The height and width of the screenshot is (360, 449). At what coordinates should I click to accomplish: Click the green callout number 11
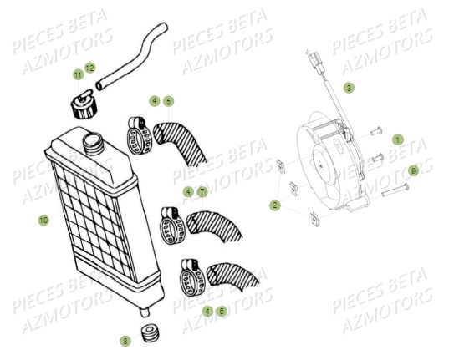pyautogui.click(x=78, y=75)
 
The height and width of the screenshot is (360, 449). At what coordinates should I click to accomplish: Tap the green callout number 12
pyautogui.click(x=89, y=67)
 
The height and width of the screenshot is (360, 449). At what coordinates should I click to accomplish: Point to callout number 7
pyautogui.click(x=202, y=191)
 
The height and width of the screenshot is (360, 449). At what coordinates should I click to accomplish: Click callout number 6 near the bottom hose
pyautogui.click(x=222, y=310)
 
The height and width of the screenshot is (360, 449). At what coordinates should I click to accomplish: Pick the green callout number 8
pyautogui.click(x=125, y=340)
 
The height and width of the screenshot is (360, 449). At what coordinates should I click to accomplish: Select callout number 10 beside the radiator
pyautogui.click(x=43, y=220)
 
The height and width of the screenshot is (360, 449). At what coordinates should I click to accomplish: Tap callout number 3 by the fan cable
pyautogui.click(x=349, y=87)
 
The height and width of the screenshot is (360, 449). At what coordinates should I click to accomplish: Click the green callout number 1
pyautogui.click(x=398, y=139)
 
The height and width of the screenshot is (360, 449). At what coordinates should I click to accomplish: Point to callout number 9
pyautogui.click(x=412, y=170)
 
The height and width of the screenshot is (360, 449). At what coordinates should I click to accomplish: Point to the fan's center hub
pyautogui.click(x=321, y=172)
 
